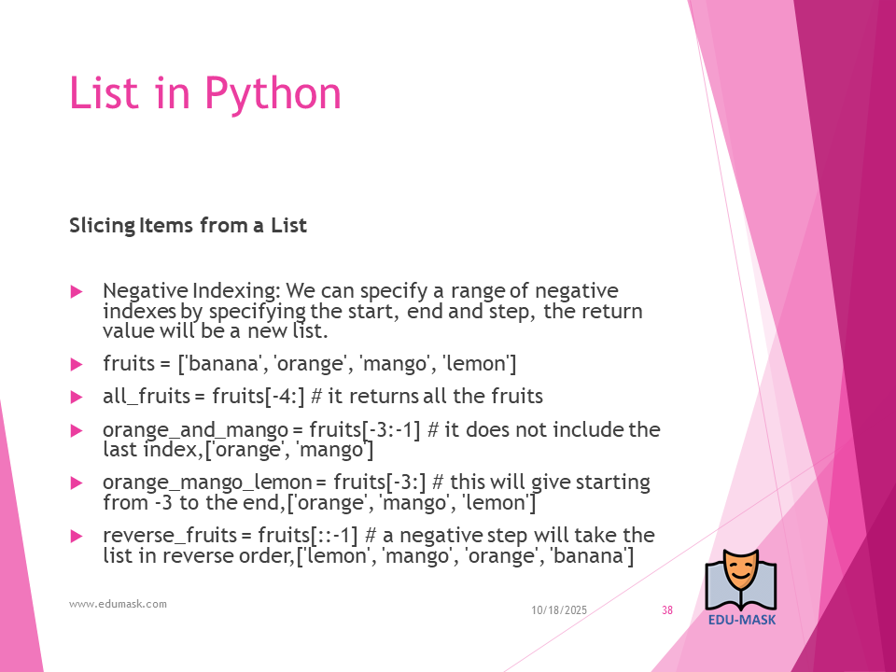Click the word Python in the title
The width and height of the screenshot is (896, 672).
point(273,93)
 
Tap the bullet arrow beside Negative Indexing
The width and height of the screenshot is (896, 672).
point(76,292)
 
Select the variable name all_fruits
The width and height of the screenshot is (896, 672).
point(147,397)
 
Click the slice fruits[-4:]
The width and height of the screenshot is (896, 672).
point(259,397)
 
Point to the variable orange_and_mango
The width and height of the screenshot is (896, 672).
point(195,429)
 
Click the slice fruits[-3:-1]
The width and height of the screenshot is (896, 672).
point(365,429)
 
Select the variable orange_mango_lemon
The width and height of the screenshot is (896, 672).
point(207,483)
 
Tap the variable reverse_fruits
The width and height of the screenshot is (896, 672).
point(170,536)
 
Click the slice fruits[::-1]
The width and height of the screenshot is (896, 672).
point(307,536)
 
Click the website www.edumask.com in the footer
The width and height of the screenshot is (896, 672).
point(118,604)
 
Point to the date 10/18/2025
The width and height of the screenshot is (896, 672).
point(559,610)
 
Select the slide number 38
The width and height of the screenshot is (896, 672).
point(667,610)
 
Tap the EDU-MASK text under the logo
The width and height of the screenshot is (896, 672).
point(742,620)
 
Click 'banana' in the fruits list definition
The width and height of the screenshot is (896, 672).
point(220,364)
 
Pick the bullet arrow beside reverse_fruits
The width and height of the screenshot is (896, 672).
point(76,536)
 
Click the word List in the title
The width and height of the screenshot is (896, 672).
point(104,92)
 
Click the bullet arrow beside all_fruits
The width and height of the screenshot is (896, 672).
point(76,398)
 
